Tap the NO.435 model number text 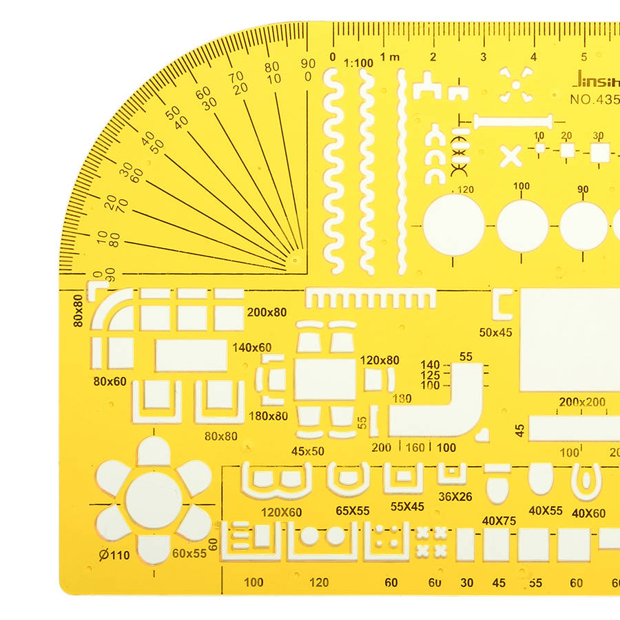point(594,99)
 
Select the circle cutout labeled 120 point(454,225)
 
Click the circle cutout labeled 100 point(523,225)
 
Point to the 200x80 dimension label point(267,312)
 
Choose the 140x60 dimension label point(252,347)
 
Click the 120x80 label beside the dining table point(380,360)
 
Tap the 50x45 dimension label point(496,332)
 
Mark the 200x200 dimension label point(582,402)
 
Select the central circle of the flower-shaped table point(154,500)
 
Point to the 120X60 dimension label point(281,512)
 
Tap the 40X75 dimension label point(499,521)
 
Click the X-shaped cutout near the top point(510,156)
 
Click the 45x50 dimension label point(307,451)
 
